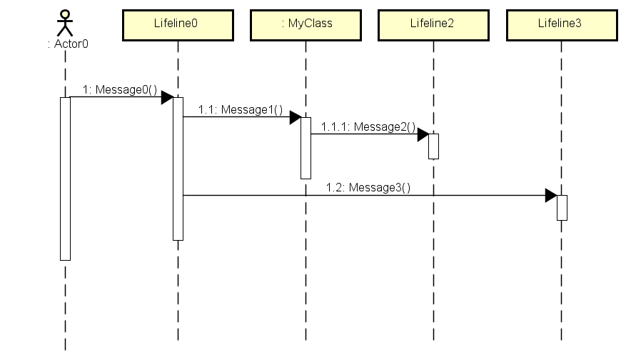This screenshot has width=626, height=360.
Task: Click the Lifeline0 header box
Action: click(178, 24)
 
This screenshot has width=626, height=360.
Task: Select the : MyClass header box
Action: click(306, 24)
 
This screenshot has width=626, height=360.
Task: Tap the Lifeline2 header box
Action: click(433, 24)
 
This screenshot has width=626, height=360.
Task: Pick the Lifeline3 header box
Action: click(560, 24)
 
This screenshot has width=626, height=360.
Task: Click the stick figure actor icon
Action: click(65, 23)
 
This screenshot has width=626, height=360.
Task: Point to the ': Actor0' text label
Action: click(67, 44)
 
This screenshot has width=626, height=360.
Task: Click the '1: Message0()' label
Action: click(120, 89)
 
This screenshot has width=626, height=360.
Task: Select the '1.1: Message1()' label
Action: click(241, 109)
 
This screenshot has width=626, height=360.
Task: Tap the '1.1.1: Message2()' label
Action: click(368, 126)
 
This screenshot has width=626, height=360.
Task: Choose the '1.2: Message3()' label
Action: click(368, 187)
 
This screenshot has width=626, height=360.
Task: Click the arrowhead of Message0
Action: click(167, 97)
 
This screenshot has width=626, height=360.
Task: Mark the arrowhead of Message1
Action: click(295, 117)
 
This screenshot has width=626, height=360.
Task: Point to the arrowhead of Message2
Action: click(423, 134)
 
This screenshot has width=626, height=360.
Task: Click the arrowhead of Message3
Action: click(550, 195)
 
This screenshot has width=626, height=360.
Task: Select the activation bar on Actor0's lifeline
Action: click(65, 179)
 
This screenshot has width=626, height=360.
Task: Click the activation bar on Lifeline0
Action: click(178, 169)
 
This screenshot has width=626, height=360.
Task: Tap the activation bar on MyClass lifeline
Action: click(306, 148)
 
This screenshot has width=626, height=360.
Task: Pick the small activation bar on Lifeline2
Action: click(433, 146)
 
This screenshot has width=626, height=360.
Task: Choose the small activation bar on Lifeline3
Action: click(561, 207)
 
